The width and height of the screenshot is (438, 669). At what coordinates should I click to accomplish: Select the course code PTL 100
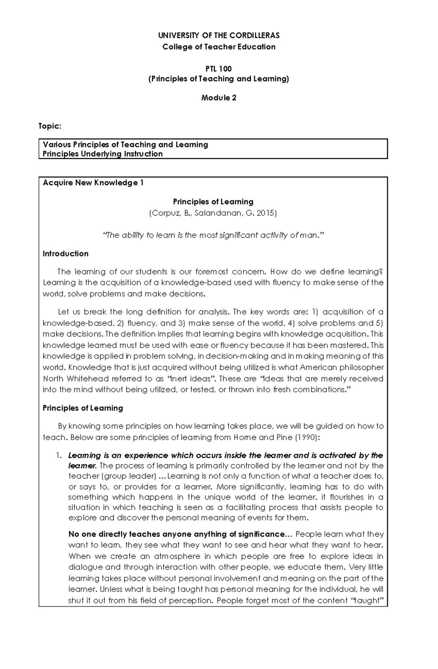click(219, 69)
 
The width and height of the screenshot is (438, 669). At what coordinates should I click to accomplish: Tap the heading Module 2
click(219, 98)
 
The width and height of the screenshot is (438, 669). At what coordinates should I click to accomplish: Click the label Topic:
click(50, 126)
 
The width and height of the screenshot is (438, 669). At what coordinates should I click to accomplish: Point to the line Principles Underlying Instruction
click(103, 154)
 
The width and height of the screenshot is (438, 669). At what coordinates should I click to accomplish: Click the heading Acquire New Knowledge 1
click(93, 183)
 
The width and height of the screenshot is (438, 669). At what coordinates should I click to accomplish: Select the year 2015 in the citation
click(266, 213)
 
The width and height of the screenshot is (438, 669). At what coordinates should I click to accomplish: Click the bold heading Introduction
click(65, 254)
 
